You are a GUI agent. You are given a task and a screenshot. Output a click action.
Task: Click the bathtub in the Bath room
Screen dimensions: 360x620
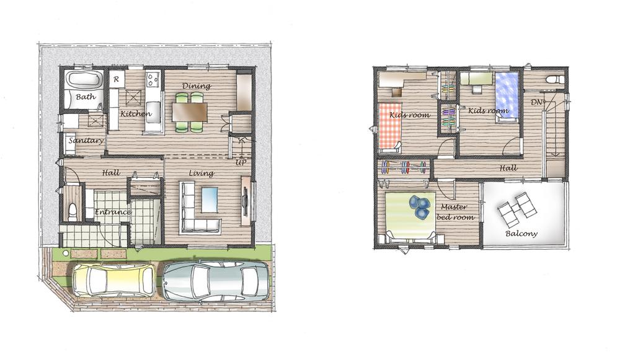pyautogui.click(x=83, y=81)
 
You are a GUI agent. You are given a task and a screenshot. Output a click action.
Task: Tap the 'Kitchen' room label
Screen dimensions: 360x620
pyautogui.click(x=136, y=114)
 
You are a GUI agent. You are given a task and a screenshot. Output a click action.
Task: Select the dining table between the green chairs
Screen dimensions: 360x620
pyautogui.click(x=190, y=112)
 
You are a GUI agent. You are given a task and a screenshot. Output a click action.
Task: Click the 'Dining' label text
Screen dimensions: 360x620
pyautogui.click(x=197, y=86)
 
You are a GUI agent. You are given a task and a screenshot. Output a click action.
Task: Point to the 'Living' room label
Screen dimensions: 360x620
pyautogui.click(x=202, y=173)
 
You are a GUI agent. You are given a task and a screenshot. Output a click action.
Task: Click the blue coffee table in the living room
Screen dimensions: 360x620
pyautogui.click(x=210, y=200)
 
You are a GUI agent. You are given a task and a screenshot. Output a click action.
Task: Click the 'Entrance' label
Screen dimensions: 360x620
pyautogui.click(x=113, y=213)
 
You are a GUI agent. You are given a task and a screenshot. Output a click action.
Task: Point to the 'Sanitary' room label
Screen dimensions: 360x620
pyautogui.click(x=86, y=141)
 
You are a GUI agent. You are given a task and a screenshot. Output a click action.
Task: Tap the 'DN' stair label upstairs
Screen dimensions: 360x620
pyautogui.click(x=536, y=102)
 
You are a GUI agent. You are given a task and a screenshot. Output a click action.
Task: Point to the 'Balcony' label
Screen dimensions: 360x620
pyautogui.click(x=521, y=234)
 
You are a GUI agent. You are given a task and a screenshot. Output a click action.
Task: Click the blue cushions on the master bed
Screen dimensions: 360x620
pyautogui.click(x=421, y=206)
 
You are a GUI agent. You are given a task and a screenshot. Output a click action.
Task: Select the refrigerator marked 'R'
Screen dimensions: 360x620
pyautogui.click(x=117, y=79)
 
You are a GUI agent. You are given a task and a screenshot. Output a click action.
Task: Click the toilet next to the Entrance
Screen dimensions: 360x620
pyautogui.click(x=71, y=211)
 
